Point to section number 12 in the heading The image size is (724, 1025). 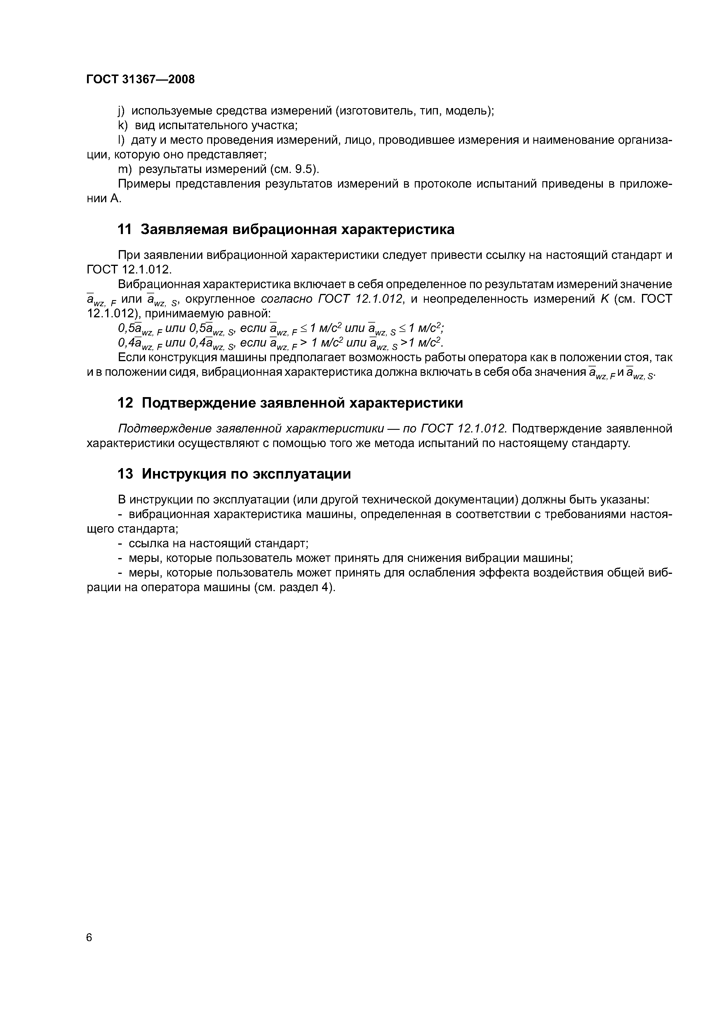tap(125, 403)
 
